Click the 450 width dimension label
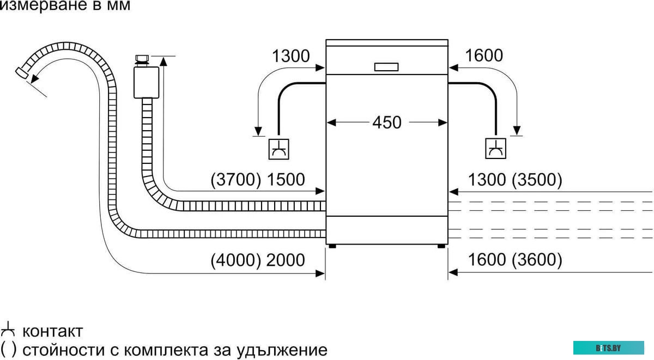387,122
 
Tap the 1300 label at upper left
290,56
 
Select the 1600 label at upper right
484,56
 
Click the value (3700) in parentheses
236,180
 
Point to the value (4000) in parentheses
236,260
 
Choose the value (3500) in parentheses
537,180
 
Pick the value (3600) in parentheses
537,260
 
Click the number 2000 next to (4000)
286,260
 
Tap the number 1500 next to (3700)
286,180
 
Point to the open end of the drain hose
21,73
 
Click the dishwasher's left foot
332,247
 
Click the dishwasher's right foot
440,247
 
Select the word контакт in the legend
52,331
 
